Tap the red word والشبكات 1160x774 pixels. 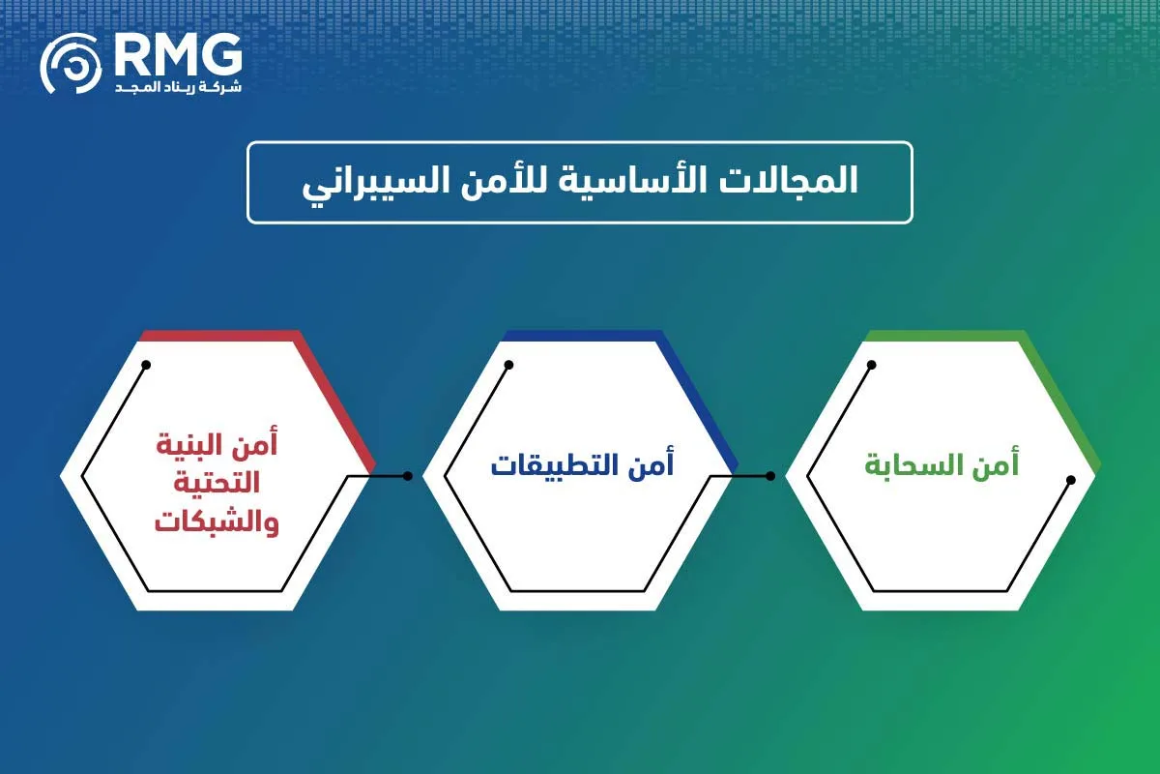[217, 523]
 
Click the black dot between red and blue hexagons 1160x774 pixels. [407, 476]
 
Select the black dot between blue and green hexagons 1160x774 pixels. [769, 476]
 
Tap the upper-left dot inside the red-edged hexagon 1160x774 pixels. [146, 365]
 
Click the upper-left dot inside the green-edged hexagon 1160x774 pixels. [871, 365]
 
